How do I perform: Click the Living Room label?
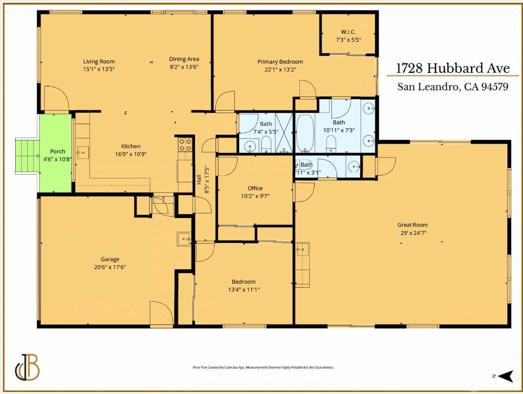(99, 61)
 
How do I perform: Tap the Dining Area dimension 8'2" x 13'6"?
(184, 67)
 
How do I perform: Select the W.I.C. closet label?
(348, 32)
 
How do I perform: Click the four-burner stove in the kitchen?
(185, 145)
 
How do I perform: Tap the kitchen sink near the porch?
(83, 152)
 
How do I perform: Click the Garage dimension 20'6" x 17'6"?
(110, 267)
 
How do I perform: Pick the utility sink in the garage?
(184, 239)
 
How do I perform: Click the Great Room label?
(412, 225)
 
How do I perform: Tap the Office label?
(255, 188)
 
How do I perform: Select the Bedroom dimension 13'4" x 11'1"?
(244, 289)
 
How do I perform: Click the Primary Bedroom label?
(280, 62)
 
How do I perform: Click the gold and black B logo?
(28, 368)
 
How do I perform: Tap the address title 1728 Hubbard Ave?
(453, 68)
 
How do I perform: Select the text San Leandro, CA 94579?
(453, 86)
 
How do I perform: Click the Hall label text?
(199, 179)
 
